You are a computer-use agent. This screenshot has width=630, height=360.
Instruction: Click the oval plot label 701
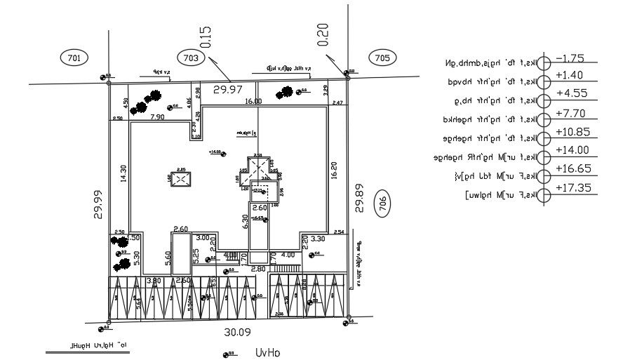click(74, 58)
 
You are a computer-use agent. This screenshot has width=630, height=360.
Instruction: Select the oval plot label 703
click(191, 58)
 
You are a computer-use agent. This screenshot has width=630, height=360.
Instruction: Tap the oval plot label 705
click(382, 58)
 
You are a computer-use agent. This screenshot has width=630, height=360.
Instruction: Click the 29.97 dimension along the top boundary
click(228, 90)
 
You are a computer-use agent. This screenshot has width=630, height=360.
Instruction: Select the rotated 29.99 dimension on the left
click(99, 204)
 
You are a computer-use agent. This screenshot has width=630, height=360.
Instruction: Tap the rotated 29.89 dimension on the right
click(359, 198)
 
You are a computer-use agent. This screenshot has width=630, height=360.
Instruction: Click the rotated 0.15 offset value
click(206, 37)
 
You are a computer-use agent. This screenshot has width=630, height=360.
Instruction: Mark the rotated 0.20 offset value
click(323, 34)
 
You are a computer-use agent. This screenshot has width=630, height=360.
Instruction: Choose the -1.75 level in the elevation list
click(570, 58)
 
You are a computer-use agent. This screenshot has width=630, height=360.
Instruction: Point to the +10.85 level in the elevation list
click(572, 132)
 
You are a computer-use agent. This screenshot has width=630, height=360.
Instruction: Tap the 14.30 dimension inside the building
click(123, 173)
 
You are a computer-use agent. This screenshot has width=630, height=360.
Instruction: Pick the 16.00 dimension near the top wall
click(253, 102)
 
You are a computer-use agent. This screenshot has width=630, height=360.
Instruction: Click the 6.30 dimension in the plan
click(245, 222)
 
